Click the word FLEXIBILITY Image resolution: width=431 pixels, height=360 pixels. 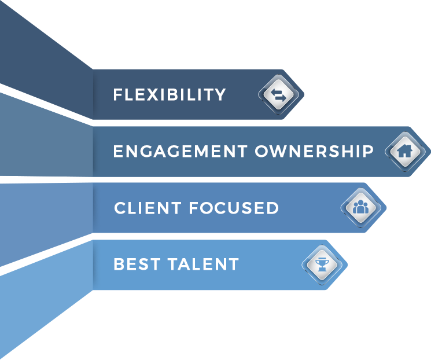170,94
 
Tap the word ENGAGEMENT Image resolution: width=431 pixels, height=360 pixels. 180,152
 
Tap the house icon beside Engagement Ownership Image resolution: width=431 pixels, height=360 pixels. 405,152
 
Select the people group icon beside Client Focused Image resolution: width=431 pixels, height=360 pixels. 360,208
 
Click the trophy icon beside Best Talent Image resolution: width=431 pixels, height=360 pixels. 322,265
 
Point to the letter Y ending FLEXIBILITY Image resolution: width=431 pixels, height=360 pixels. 220,94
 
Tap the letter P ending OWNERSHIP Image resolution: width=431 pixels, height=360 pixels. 368,152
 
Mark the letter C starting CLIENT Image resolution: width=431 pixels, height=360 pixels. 120,208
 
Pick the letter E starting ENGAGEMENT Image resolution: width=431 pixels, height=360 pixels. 119,152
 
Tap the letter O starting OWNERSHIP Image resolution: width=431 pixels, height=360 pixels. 262,152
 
